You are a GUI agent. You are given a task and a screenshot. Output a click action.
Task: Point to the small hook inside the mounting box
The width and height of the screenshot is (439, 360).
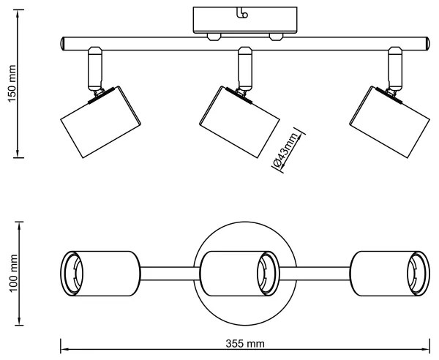243,12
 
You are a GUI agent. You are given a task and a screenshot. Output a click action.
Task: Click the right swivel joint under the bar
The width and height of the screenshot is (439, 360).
395,67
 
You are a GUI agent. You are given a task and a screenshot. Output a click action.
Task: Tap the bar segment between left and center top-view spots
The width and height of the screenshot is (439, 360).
167,272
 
